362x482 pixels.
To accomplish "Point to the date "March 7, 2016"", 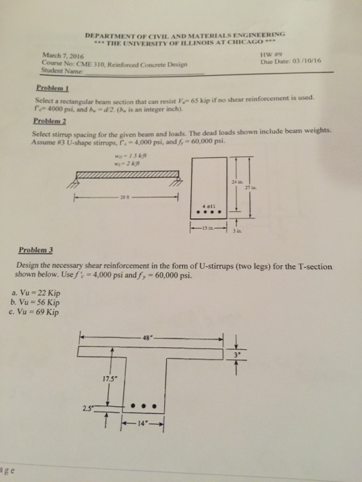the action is pyautogui.click(x=51, y=56).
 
